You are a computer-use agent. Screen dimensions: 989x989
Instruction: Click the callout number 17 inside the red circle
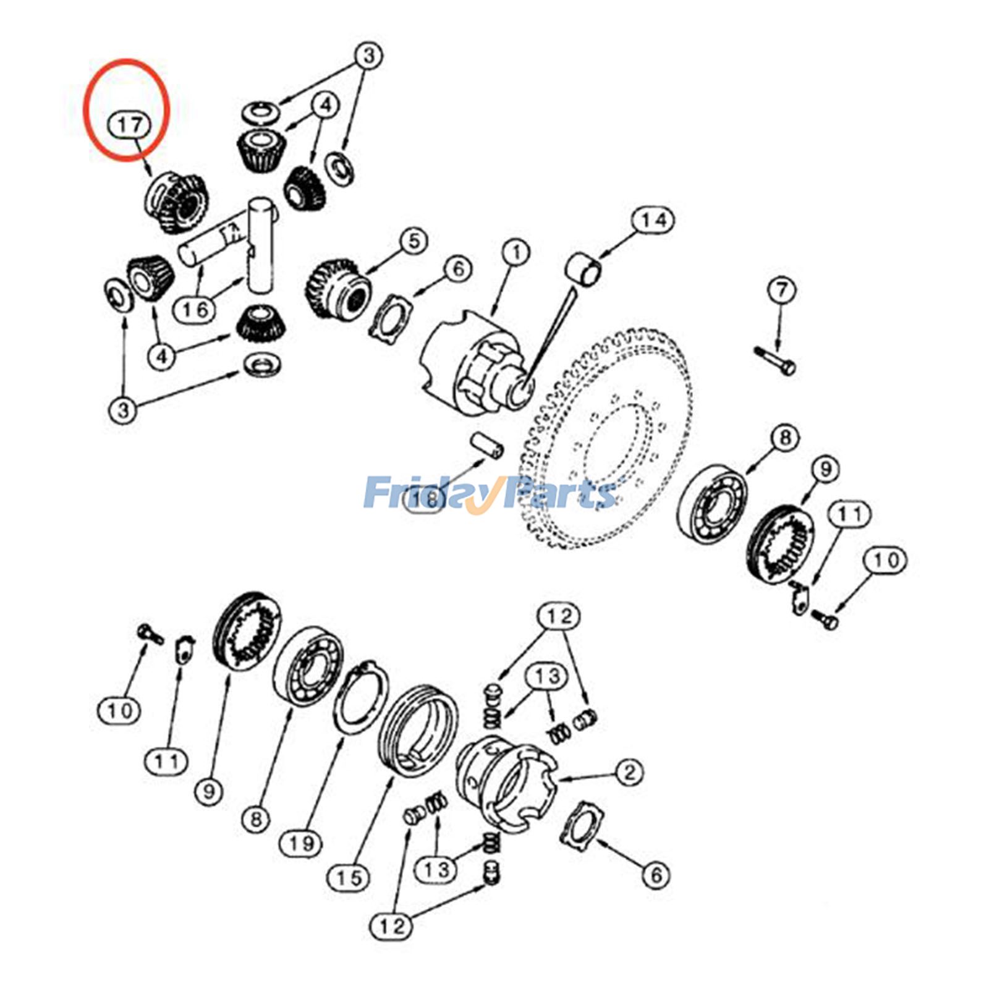click(x=129, y=125)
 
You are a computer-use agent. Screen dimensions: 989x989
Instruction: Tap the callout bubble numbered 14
click(x=653, y=220)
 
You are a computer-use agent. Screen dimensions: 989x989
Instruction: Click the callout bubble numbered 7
click(x=781, y=290)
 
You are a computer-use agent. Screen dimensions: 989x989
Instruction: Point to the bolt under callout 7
click(x=776, y=361)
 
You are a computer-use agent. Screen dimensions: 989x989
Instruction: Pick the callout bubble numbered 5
click(x=413, y=241)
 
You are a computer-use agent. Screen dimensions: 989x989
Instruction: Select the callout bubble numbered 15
click(x=349, y=878)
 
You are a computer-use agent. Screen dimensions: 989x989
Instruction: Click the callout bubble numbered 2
click(x=629, y=772)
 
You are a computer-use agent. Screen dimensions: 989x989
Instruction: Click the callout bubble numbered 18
click(x=427, y=498)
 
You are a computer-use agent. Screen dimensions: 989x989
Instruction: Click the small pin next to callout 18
click(x=487, y=445)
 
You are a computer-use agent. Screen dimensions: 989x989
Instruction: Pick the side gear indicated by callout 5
click(x=337, y=287)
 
